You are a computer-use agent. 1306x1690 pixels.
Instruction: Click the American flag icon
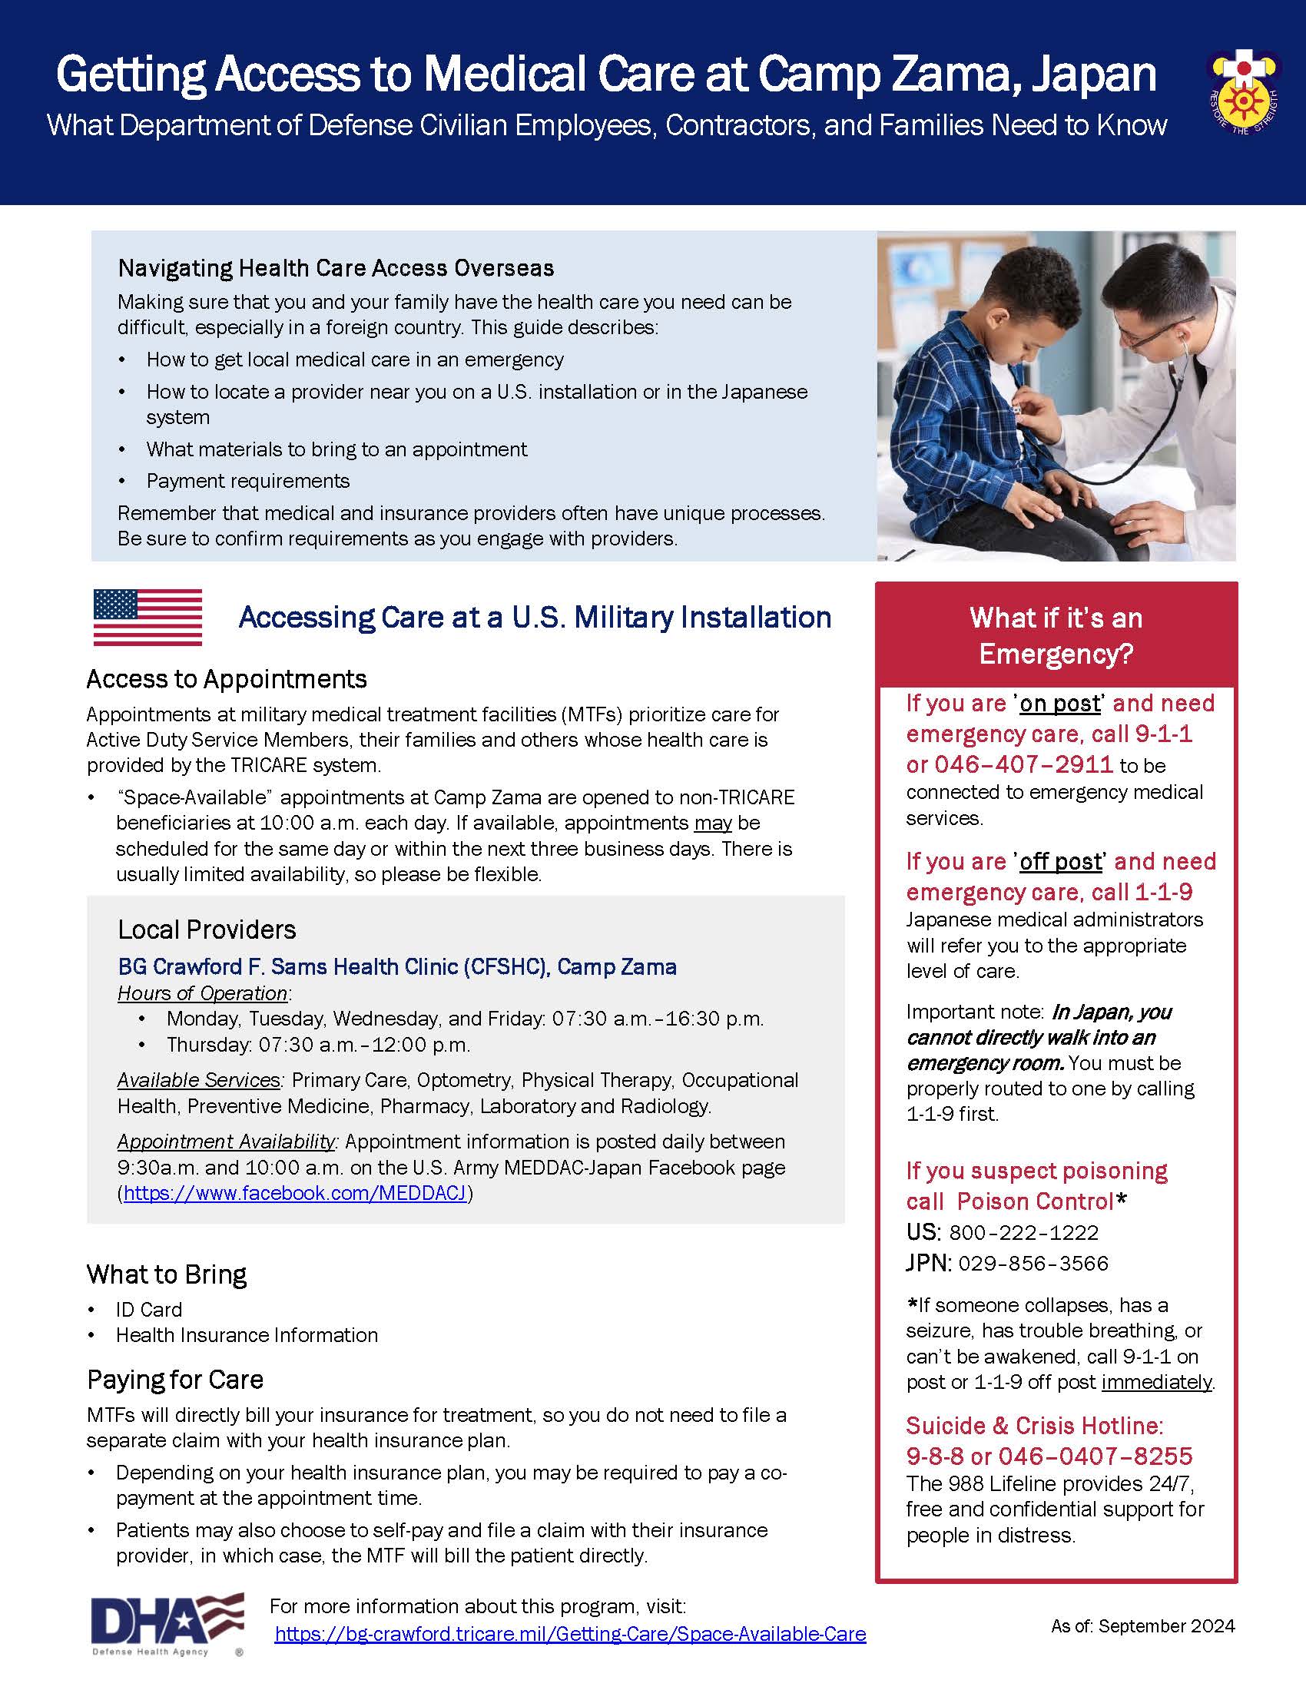[148, 617]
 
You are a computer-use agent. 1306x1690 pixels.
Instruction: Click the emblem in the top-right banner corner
[1243, 91]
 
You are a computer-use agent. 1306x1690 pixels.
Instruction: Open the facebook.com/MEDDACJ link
[295, 1193]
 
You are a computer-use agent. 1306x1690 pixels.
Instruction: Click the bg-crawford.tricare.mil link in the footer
[570, 1633]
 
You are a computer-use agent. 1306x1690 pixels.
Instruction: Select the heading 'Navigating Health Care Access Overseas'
[336, 268]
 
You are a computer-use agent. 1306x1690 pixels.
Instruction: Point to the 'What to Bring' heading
[167, 1274]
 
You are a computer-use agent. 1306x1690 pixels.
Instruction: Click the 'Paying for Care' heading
[175, 1380]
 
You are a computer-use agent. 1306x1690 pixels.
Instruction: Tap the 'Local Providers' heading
[207, 929]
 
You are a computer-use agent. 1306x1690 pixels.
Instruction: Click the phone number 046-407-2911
[1023, 764]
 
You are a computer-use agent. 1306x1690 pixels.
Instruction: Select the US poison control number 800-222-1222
[1023, 1233]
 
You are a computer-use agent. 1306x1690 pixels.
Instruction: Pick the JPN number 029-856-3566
[1033, 1264]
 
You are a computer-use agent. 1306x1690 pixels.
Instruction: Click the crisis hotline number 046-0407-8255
[1095, 1456]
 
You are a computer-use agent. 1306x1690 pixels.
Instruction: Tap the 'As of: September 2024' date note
[1143, 1625]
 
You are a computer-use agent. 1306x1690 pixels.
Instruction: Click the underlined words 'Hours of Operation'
[202, 993]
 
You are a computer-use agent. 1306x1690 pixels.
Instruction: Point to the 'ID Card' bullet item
[149, 1309]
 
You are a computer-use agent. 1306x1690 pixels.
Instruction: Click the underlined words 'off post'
[1060, 862]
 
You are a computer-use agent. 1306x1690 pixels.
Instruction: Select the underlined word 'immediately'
[1157, 1382]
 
